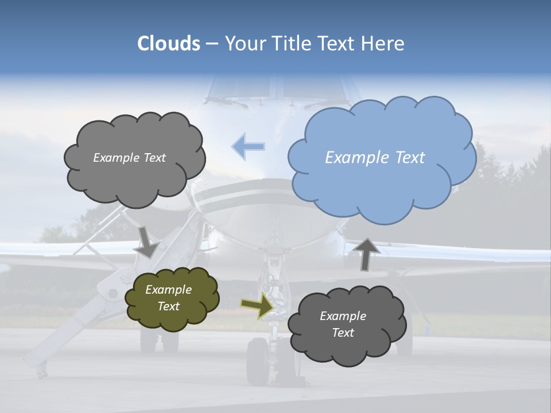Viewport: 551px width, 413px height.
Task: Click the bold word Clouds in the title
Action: (x=169, y=44)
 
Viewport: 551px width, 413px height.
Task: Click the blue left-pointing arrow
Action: (x=248, y=147)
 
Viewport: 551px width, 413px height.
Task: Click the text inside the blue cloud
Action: (x=375, y=158)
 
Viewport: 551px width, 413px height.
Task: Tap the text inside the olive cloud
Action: (x=169, y=298)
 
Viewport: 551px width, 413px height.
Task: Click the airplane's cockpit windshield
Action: (x=241, y=86)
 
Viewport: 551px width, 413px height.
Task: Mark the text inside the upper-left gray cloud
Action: (x=129, y=158)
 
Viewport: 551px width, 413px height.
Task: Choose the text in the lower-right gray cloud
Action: (x=343, y=324)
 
